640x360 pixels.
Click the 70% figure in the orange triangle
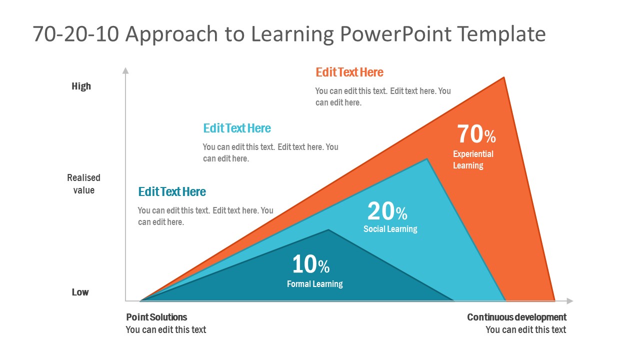click(476, 134)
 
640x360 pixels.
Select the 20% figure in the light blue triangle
click(387, 211)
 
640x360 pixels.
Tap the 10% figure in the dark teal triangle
click(310, 264)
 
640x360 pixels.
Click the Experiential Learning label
click(473, 159)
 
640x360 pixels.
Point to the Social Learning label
click(390, 229)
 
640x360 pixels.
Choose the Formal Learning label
click(314, 284)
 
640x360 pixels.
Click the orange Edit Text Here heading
click(349, 72)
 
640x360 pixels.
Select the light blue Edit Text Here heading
click(237, 128)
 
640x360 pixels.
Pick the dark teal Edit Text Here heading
click(172, 192)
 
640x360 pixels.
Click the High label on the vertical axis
click(81, 86)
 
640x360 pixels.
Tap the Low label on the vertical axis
click(80, 292)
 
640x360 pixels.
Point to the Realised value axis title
click(84, 184)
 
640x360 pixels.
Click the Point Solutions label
click(156, 317)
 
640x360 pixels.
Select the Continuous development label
click(516, 317)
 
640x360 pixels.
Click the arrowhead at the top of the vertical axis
click(125, 70)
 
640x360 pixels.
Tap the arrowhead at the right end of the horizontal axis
click(569, 301)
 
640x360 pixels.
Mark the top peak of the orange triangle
click(503, 78)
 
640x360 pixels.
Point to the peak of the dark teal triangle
click(328, 230)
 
